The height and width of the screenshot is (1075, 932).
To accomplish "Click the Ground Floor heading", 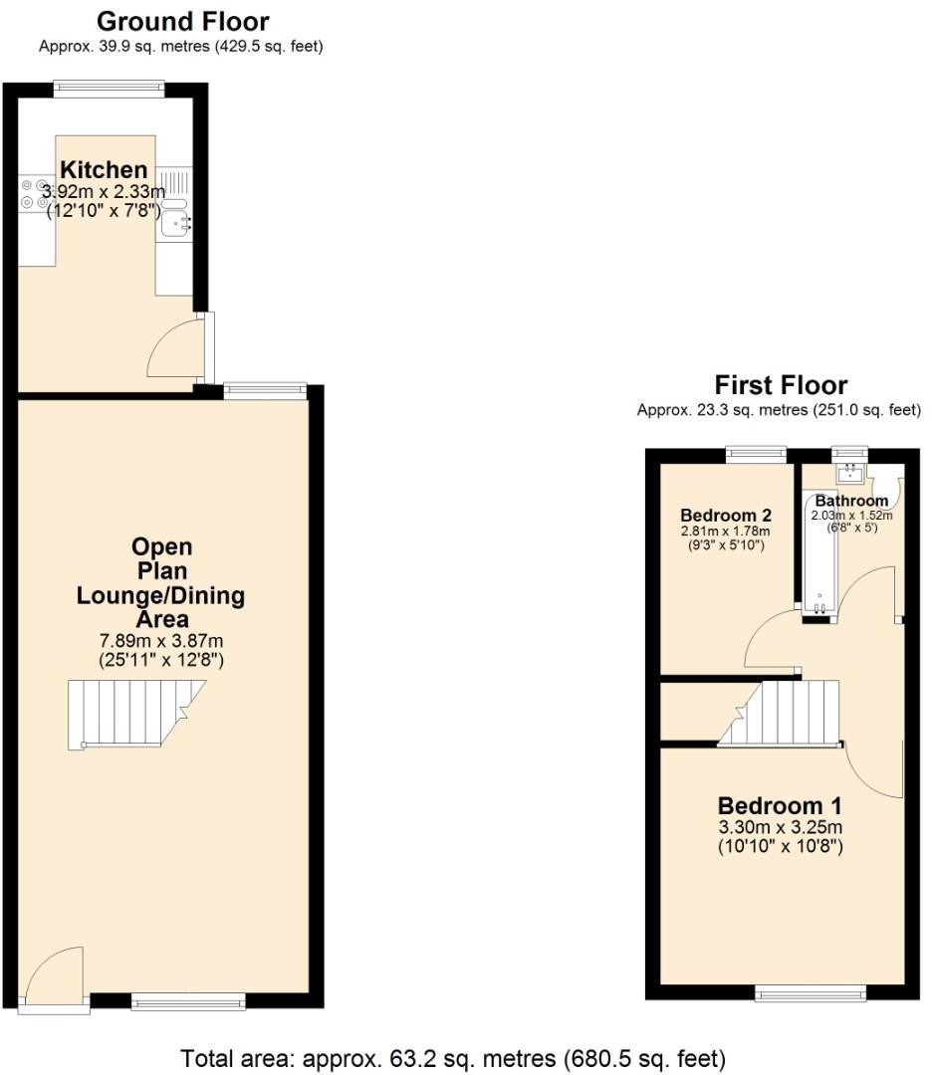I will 182,21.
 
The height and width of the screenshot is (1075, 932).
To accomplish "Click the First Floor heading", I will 781,385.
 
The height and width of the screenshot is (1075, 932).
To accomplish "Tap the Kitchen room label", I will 104,170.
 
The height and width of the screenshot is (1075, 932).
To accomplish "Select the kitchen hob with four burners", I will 35,194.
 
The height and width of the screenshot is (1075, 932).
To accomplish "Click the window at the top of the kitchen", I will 110,89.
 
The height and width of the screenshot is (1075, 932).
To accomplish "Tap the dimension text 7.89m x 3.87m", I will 160,640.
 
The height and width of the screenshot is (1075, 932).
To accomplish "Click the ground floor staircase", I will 134,713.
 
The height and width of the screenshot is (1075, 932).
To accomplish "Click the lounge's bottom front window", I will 188,1000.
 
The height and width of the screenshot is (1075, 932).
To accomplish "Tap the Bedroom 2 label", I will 726,516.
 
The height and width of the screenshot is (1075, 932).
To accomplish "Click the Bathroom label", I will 851,501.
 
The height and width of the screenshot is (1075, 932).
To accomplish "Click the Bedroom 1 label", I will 781,805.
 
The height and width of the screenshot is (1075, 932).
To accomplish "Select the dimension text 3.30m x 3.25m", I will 781,827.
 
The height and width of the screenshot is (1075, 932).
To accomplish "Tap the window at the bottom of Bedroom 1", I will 811,991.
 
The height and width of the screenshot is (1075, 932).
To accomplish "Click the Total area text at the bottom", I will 453,1056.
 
